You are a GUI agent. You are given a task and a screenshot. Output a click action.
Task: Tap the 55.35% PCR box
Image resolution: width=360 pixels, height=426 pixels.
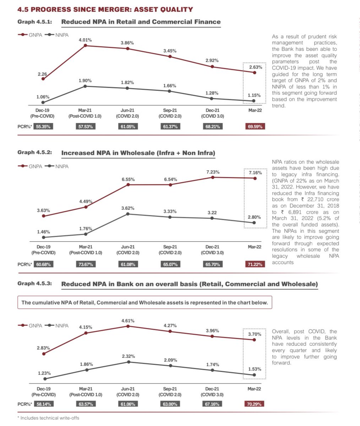pos(44,126)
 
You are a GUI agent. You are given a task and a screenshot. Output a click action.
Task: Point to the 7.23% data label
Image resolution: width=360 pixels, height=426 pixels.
pos(213,172)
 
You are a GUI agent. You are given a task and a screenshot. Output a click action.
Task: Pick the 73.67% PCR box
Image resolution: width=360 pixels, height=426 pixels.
pos(85,264)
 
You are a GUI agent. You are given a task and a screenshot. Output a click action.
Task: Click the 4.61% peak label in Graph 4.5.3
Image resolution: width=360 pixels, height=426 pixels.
pos(128,321)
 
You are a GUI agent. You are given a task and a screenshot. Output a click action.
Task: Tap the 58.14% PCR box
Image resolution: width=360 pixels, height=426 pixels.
pos(44,404)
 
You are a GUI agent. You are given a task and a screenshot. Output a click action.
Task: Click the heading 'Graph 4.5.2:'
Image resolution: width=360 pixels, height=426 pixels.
pos(35,153)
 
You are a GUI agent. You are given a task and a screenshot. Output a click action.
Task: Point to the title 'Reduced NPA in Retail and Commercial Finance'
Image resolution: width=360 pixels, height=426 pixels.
pos(141,22)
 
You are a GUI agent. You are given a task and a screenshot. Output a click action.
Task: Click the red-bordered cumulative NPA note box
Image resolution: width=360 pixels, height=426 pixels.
pos(145,303)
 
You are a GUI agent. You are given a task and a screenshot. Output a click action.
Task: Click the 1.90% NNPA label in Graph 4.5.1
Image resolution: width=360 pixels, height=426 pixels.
pos(85,81)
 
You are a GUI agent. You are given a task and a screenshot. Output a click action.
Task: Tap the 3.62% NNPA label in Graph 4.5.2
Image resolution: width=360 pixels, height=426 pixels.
pos(128,208)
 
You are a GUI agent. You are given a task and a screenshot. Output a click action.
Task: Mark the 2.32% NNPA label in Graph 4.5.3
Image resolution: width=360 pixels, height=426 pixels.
pos(128,356)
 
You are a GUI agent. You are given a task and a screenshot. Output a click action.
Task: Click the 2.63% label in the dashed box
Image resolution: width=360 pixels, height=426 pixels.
pos(255,67)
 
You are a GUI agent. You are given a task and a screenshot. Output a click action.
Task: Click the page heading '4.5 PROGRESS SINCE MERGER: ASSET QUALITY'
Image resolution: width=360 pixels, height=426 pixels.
pos(105,10)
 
